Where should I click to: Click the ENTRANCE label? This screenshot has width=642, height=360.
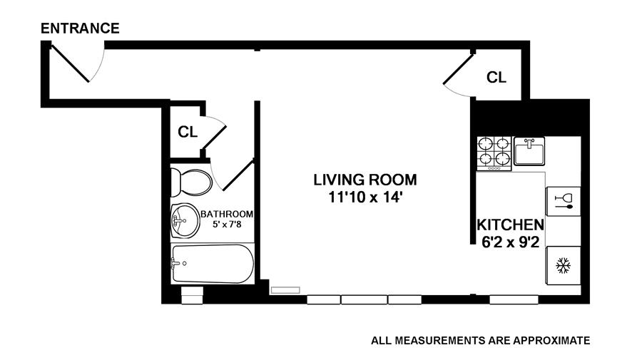[x=80, y=29]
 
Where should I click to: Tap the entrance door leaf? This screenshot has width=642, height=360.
[x=71, y=63]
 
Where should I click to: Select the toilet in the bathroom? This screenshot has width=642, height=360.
[x=191, y=182]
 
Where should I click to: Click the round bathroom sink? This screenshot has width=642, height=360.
[x=185, y=221]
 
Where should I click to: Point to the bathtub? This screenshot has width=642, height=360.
[x=212, y=264]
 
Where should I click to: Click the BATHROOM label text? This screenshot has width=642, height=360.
[x=227, y=214]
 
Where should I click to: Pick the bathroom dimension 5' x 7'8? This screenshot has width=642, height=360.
[x=227, y=224]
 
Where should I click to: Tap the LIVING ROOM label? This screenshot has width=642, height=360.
[x=365, y=180]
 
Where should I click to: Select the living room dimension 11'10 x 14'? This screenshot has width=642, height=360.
[x=366, y=197]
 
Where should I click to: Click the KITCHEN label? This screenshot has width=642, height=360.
[x=510, y=225]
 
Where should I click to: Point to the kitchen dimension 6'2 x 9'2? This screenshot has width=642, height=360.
[x=510, y=242]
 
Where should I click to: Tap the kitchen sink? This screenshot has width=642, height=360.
[x=529, y=151]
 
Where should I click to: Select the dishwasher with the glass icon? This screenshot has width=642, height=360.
[x=564, y=202]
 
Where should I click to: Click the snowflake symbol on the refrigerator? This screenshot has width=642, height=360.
[x=564, y=265]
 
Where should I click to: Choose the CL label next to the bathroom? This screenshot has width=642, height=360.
[x=188, y=132]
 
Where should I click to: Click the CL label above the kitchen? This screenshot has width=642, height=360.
[x=496, y=77]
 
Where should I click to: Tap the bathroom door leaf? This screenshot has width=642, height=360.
[x=238, y=176]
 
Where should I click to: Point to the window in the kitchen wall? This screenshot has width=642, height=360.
[x=514, y=300]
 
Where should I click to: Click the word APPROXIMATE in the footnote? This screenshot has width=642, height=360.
[x=551, y=340]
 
